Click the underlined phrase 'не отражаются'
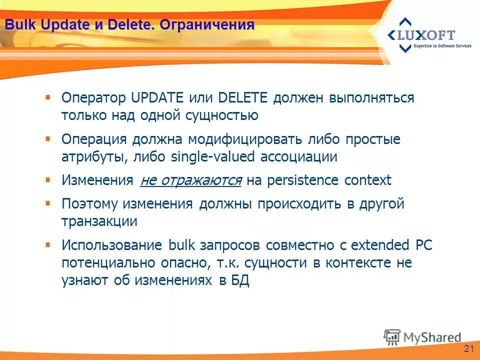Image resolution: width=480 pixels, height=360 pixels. [x=191, y=180]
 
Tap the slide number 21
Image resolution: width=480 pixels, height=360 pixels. [x=468, y=348]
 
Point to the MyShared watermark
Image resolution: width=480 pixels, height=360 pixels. [x=422, y=336]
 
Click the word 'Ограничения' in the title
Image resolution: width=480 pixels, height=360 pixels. [x=207, y=25]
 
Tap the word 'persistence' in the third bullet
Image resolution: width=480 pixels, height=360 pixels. [x=303, y=180]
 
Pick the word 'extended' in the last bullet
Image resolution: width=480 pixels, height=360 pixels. [x=379, y=245]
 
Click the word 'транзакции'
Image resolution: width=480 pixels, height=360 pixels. [x=99, y=221]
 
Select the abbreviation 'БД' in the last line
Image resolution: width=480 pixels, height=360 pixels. [x=240, y=281]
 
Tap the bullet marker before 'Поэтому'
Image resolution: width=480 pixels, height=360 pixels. [x=48, y=203]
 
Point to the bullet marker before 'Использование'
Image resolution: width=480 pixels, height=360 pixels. [x=48, y=244]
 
